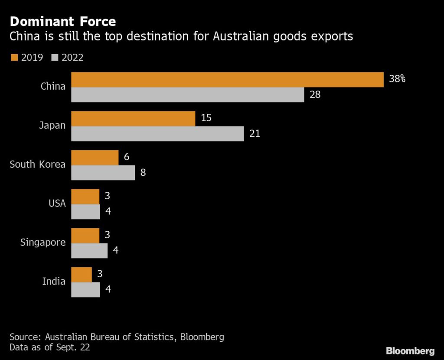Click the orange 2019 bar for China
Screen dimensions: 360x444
227,80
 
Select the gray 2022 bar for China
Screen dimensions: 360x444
187,95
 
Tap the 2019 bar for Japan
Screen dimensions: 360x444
133,119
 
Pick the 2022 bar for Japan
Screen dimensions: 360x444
157,133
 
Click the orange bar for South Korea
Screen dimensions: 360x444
95,158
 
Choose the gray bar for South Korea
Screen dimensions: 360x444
103,172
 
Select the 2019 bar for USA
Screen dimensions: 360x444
85,197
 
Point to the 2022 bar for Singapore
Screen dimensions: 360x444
89,250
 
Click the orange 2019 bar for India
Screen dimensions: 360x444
81,275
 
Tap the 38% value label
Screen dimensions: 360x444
397,79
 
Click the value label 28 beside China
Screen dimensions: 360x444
315,94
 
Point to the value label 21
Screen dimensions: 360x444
255,133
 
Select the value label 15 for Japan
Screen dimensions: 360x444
206,118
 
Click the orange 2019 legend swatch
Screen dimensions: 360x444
13,58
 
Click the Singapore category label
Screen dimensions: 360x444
43,242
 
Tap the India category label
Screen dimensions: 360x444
54,281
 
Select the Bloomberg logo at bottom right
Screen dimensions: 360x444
410,350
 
